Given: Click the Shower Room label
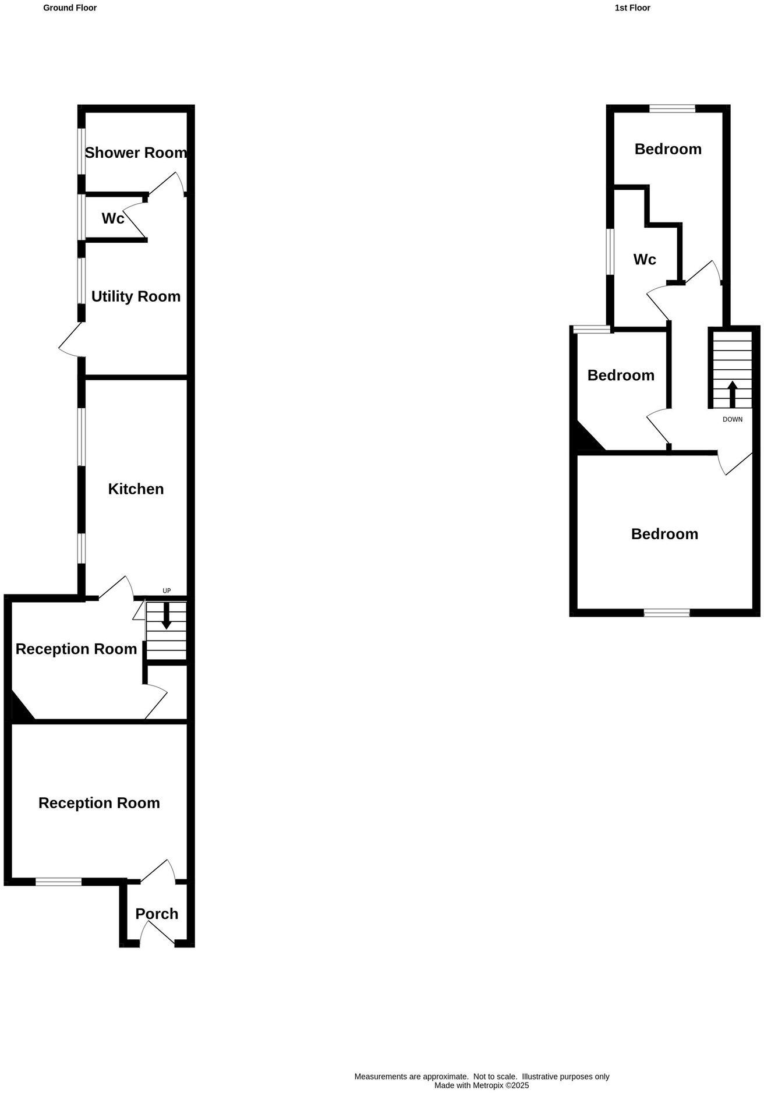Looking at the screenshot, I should click(136, 153).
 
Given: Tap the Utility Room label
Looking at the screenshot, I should click(136, 296).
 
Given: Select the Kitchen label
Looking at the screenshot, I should click(136, 489).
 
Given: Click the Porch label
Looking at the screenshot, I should click(157, 914).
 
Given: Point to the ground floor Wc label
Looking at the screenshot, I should click(112, 218).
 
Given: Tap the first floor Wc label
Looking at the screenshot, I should click(645, 260).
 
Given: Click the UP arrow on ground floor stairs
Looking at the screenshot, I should click(167, 617).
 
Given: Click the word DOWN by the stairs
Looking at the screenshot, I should click(733, 419).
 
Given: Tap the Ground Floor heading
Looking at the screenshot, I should click(70, 8).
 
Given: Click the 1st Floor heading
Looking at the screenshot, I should click(632, 8).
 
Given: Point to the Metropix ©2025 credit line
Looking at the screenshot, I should click(482, 1085).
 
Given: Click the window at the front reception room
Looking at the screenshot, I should click(58, 882).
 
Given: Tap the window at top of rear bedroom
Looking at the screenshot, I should click(672, 108).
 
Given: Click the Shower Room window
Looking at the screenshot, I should click(82, 150).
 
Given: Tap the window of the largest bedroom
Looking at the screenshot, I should click(666, 613).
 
